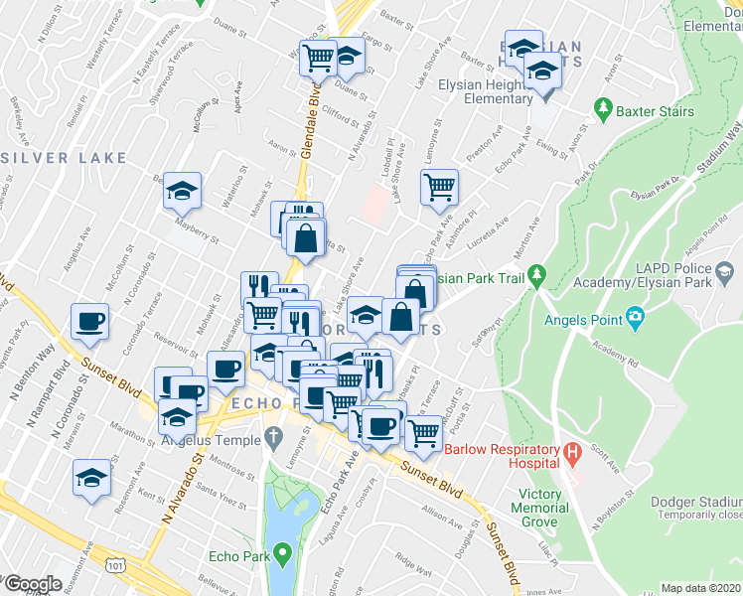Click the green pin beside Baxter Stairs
[x=602, y=106]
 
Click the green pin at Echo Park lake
[x=283, y=551]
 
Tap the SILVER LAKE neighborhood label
[x=65, y=158]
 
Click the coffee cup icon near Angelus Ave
[x=89, y=321]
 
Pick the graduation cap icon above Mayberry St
[x=182, y=190]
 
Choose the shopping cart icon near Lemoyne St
[x=439, y=185]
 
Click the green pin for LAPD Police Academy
[x=726, y=271]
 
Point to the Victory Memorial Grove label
[x=546, y=502]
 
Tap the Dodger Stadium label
[x=698, y=503]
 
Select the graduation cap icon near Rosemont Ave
[x=91, y=478]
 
